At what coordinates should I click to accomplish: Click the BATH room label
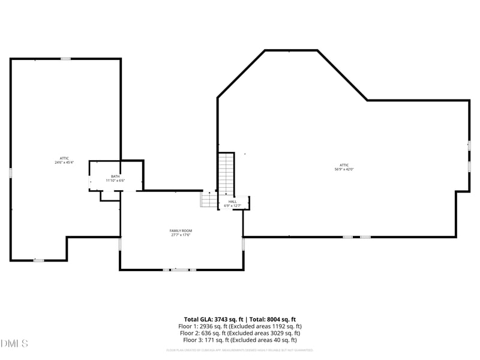click(x=115, y=176)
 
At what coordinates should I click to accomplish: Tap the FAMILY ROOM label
click(x=180, y=230)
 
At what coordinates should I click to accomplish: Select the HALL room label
click(x=232, y=202)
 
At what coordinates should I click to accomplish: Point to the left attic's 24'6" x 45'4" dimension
click(x=64, y=162)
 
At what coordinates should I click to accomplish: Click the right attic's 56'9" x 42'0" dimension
click(x=344, y=169)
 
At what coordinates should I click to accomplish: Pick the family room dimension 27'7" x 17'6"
click(x=180, y=235)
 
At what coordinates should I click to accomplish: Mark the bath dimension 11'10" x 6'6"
click(x=115, y=181)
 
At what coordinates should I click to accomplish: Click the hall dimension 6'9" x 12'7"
click(x=232, y=206)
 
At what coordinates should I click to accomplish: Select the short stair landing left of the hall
click(x=208, y=200)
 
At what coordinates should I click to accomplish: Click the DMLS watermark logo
click(x=14, y=344)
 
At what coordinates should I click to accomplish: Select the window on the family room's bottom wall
click(x=179, y=270)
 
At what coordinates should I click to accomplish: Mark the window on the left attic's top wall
click(x=65, y=59)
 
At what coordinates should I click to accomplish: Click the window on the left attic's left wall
click(x=10, y=173)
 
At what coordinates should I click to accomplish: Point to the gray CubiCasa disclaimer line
click(x=239, y=350)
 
